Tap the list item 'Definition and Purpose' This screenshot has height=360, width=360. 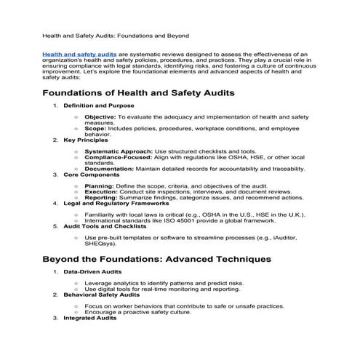(x=91, y=106)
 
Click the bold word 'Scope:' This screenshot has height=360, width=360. (x=95, y=129)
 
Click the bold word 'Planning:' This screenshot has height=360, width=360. (x=99, y=185)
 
